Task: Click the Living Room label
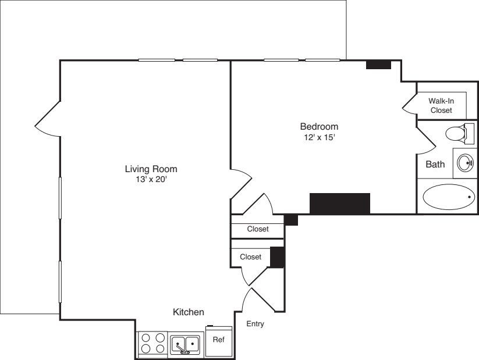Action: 151,169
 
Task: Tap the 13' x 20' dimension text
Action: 151,180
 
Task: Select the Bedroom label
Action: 319,126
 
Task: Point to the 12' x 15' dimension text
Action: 319,137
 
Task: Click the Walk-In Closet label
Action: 441,105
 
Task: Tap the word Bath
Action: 435,165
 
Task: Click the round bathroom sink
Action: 466,162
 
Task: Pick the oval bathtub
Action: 448,197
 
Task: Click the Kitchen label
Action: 189,312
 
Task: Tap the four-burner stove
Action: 152,343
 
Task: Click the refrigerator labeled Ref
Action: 219,341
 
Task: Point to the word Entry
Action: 255,324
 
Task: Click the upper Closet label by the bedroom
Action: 258,229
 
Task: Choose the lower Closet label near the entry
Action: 251,256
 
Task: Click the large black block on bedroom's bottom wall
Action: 340,204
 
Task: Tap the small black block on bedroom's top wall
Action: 378,65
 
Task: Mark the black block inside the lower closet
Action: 277,257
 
